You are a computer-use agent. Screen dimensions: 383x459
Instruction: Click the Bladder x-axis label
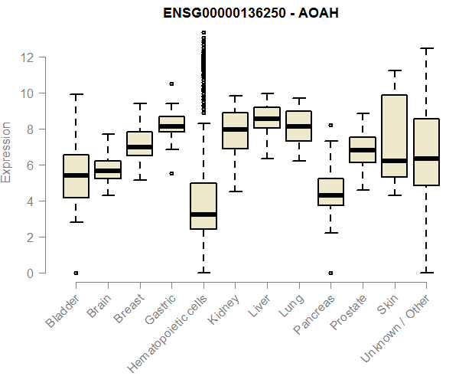[x=63, y=311]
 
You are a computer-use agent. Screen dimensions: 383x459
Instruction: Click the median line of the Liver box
[x=267, y=119]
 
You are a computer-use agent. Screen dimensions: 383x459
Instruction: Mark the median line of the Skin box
[x=394, y=161]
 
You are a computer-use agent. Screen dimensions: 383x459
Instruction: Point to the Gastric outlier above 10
[x=171, y=83]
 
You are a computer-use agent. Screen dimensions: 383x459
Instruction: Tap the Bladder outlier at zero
[x=76, y=273]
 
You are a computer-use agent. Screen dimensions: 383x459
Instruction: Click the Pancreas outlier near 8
[x=330, y=125]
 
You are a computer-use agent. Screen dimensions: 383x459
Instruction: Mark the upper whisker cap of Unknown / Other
[x=425, y=48]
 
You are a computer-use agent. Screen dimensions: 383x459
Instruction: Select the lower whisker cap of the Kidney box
[x=235, y=191]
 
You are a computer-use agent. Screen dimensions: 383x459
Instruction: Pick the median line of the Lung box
[x=298, y=126]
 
